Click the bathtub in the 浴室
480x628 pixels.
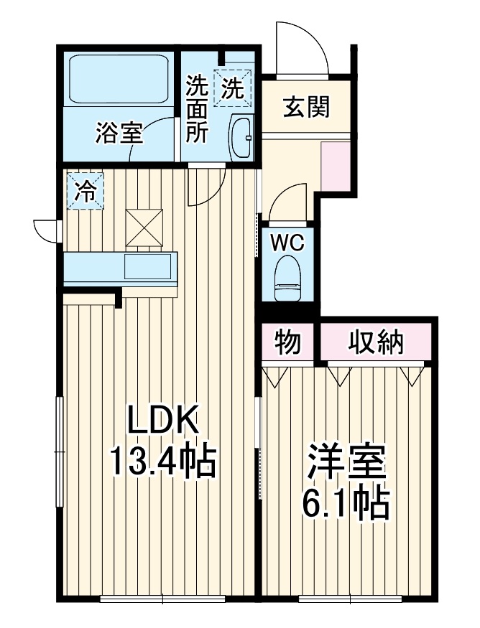pyautogui.click(x=119, y=79)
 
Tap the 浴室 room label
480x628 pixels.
pyautogui.click(x=119, y=133)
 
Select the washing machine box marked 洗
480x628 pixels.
pyautogui.click(x=233, y=88)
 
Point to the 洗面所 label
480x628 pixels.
pyautogui.click(x=196, y=109)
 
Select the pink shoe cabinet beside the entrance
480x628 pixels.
pyautogui.click(x=336, y=167)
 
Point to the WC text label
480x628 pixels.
pyautogui.click(x=287, y=243)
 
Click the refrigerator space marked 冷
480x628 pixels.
pyautogui.click(x=86, y=191)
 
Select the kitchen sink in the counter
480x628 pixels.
pyautogui.click(x=147, y=266)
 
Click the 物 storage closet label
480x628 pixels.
pyautogui.click(x=287, y=342)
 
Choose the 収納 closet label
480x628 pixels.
pyautogui.click(x=375, y=342)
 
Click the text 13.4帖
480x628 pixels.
pyautogui.click(x=162, y=461)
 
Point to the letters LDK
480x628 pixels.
pyautogui.click(x=163, y=419)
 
